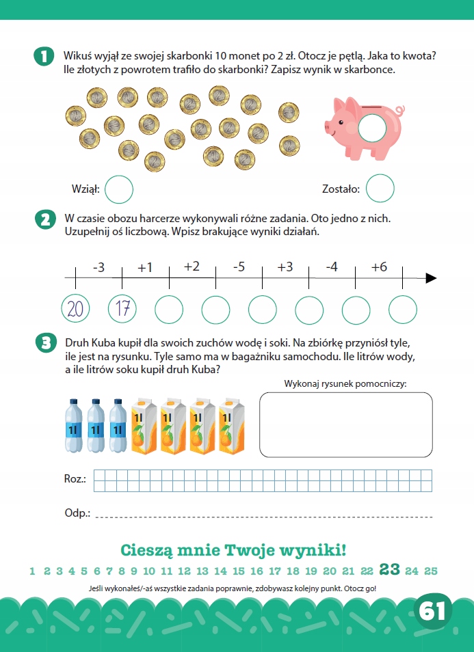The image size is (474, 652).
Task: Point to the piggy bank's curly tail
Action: [400, 111]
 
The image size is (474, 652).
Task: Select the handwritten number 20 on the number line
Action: [75, 309]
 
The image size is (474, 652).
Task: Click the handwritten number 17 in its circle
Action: [122, 308]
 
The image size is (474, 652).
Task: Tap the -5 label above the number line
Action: [239, 267]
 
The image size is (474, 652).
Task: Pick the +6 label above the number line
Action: [379, 267]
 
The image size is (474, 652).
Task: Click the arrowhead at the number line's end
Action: [431, 278]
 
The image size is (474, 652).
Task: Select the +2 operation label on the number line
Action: [192, 266]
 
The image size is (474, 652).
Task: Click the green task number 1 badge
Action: [44, 57]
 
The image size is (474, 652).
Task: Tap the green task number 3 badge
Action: [47, 344]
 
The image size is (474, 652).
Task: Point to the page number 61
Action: [433, 611]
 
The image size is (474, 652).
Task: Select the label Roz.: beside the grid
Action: [75, 479]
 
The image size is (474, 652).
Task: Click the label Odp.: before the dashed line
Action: [78, 513]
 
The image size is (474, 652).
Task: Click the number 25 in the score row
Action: [431, 571]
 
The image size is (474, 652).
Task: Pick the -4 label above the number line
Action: [332, 267]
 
